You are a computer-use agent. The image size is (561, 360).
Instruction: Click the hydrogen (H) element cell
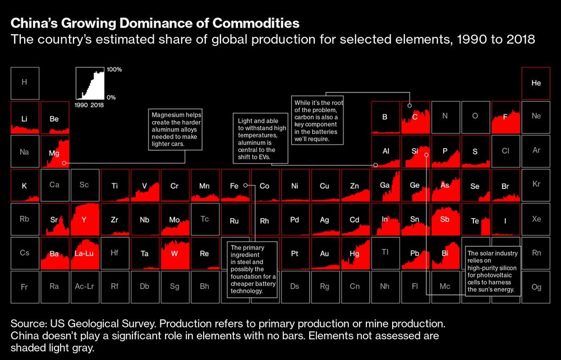(25, 82)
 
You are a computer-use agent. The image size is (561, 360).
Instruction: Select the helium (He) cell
(536, 82)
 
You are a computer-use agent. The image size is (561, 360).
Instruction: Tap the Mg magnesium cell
(54, 152)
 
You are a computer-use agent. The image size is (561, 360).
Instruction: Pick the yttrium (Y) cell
(85, 220)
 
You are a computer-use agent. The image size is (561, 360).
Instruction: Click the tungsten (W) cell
(174, 253)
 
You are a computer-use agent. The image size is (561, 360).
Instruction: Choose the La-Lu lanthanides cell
(85, 253)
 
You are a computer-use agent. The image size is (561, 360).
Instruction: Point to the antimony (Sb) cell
(445, 220)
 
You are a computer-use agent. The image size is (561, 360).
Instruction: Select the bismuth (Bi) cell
(445, 253)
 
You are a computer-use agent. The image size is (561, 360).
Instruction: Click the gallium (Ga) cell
(385, 186)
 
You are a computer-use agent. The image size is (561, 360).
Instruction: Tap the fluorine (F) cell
(505, 117)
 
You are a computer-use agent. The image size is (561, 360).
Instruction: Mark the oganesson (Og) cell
(536, 287)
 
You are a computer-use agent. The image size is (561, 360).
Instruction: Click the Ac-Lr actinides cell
(85, 287)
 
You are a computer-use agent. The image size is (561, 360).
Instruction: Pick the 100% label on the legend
(114, 70)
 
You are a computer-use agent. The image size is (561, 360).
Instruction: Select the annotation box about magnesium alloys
(176, 129)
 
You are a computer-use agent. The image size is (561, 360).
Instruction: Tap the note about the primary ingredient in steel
(252, 269)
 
